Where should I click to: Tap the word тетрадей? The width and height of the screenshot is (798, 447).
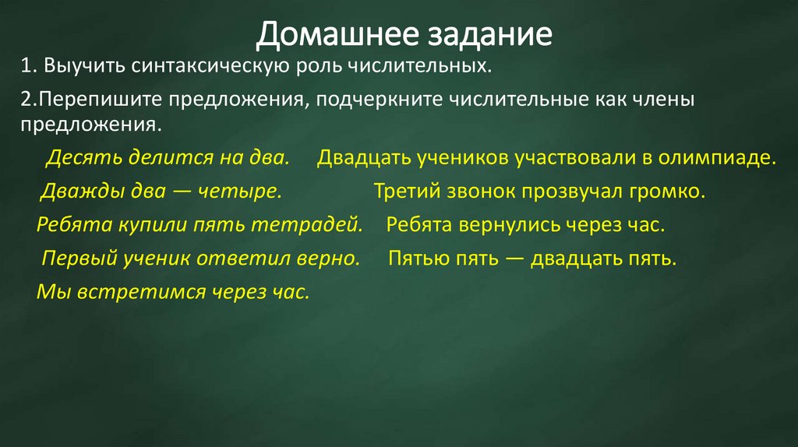coord(319,225)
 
